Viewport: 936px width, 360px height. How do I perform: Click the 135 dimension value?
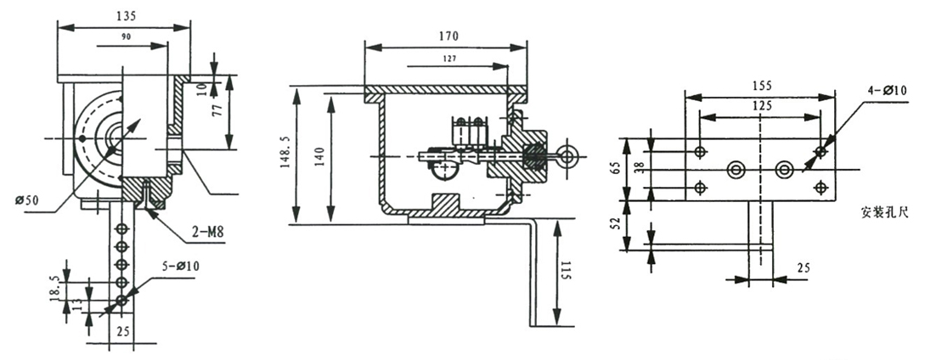pos(125,16)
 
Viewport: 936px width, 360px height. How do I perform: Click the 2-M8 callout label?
pos(207,228)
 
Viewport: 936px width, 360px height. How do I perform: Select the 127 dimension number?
pos(450,59)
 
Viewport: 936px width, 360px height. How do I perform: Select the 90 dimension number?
pos(125,37)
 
